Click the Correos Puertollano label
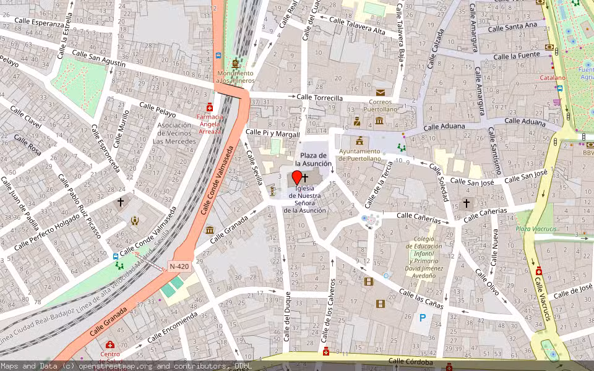(x=380, y=105)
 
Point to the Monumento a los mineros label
(x=235, y=77)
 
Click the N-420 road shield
(x=179, y=267)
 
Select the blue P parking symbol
(x=423, y=318)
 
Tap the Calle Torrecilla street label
(x=319, y=98)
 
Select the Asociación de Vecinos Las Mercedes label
(x=174, y=133)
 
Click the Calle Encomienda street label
(x=173, y=326)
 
